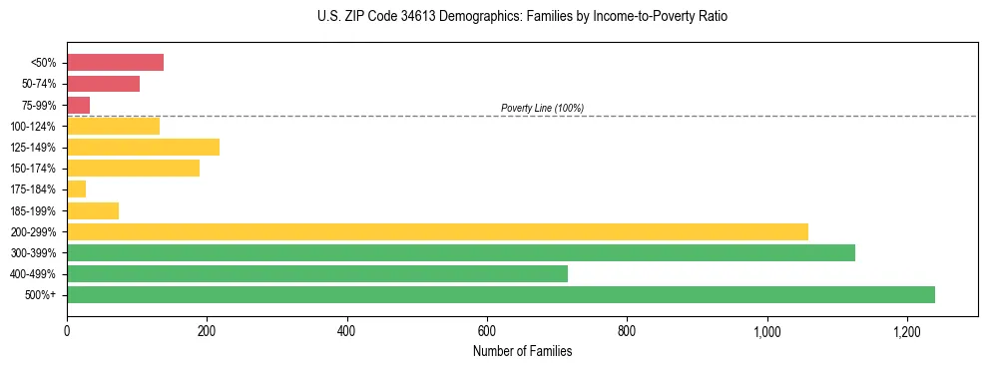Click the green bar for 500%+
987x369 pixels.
500,294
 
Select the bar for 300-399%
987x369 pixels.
460,252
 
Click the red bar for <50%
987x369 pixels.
115,63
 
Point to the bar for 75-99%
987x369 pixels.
79,105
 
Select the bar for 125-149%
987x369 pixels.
143,148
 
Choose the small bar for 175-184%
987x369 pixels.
77,189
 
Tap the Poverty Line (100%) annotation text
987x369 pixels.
542,108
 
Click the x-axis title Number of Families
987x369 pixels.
522,351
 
